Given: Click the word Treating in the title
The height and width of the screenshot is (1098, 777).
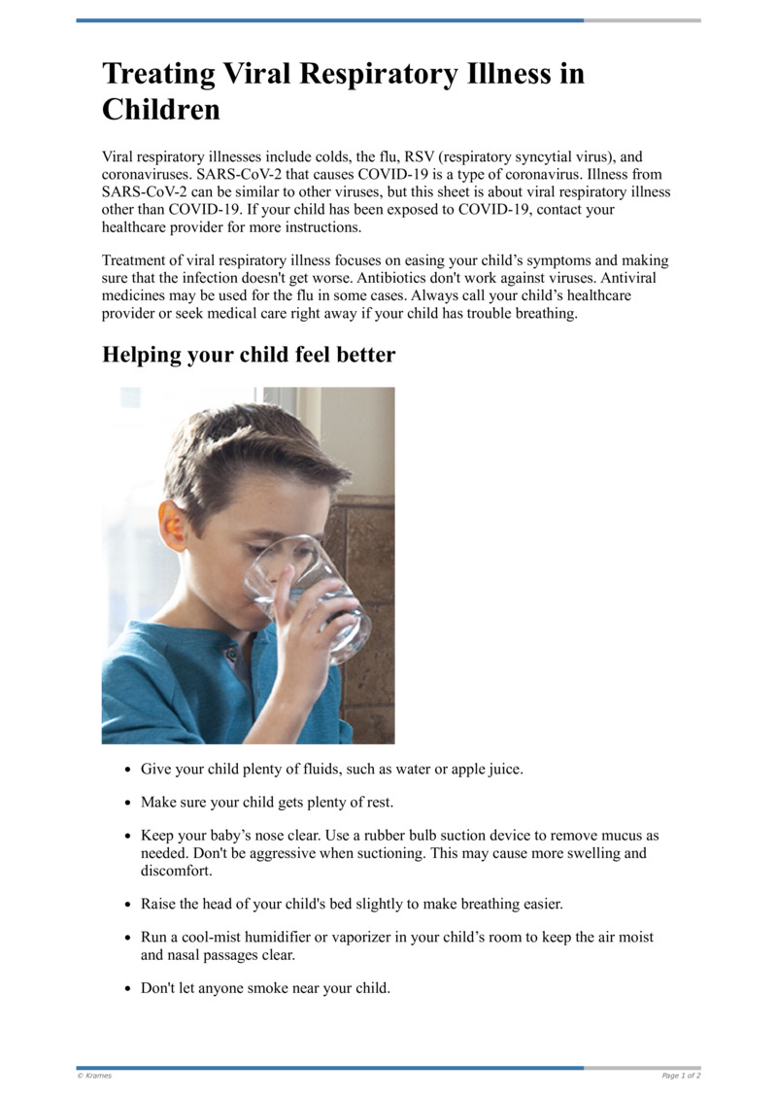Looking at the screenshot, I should pyautogui.click(x=159, y=75).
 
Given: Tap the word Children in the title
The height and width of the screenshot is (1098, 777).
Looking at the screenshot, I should pyautogui.click(x=161, y=110).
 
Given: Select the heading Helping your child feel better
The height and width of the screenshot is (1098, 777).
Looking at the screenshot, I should pyautogui.click(x=249, y=355).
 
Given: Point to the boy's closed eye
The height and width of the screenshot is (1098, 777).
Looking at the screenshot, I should pyautogui.click(x=260, y=549).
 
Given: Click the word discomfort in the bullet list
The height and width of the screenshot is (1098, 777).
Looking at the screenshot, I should pyautogui.click(x=178, y=871).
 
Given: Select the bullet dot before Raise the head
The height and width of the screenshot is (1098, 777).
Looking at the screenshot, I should pyautogui.click(x=128, y=905).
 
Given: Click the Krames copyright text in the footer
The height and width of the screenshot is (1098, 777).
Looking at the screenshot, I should pyautogui.click(x=95, y=1076).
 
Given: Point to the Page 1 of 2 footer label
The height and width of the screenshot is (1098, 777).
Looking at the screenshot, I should pyautogui.click(x=680, y=1076).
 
